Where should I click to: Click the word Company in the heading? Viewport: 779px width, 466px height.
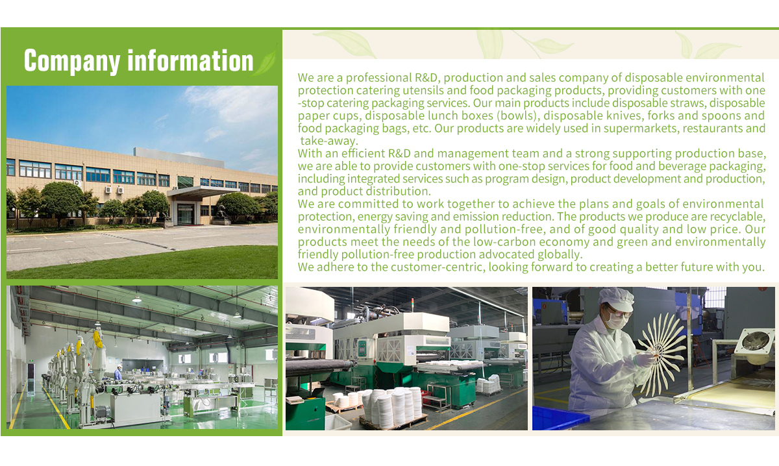(x=71, y=62)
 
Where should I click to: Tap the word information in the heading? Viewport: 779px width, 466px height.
(x=190, y=60)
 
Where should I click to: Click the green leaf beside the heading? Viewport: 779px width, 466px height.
(x=266, y=61)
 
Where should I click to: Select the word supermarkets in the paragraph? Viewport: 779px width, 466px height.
(x=641, y=129)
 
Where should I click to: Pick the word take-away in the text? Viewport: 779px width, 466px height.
(x=329, y=141)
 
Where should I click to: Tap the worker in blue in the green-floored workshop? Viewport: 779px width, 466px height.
(x=118, y=373)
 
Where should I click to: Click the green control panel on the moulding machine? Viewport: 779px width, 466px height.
(x=362, y=348)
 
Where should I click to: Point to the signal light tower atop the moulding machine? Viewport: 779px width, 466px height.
(x=412, y=304)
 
